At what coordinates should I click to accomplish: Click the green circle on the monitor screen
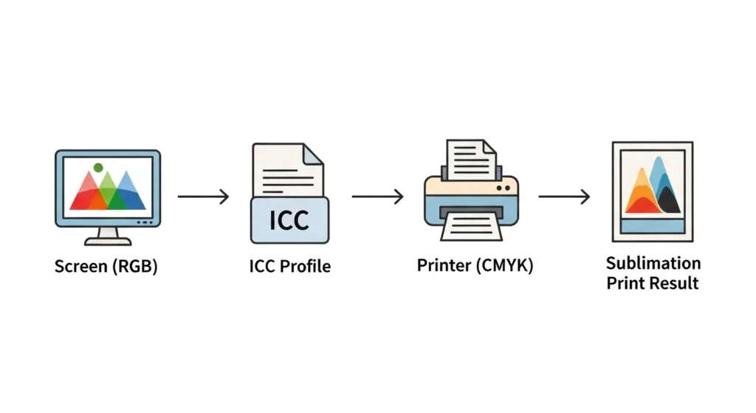pos(98,168)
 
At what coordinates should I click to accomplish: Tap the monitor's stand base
pos(108,241)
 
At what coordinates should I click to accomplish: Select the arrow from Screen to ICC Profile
pos(203,197)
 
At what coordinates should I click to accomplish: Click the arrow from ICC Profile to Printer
pos(377,197)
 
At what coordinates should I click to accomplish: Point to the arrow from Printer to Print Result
pos(564,197)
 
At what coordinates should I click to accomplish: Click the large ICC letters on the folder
pos(289,220)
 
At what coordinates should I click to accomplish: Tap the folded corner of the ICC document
pos(313,154)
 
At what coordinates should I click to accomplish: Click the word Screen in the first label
pos(81,266)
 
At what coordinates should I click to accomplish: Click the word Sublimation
pos(653,263)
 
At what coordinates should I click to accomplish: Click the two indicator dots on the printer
pos(505,188)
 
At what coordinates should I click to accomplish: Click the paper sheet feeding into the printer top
pos(470,158)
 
